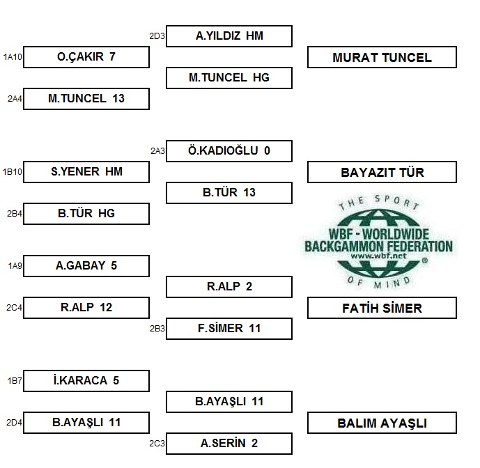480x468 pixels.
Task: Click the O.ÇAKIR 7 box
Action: pyautogui.click(x=86, y=57)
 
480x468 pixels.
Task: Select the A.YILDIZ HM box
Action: pyautogui.click(x=229, y=36)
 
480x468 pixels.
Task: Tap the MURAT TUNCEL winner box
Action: pyautogui.click(x=382, y=57)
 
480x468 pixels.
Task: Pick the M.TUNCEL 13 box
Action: pyautogui.click(x=86, y=99)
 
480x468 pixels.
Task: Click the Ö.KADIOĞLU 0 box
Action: pyautogui.click(x=229, y=151)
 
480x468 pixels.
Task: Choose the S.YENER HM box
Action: pyautogui.click(x=86, y=172)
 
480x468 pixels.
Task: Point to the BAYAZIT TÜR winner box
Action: pyautogui.click(x=382, y=172)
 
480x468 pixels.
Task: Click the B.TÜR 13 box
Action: pyautogui.click(x=229, y=193)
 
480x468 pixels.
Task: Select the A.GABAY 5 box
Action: pyautogui.click(x=86, y=266)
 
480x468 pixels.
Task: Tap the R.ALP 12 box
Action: pyautogui.click(x=86, y=308)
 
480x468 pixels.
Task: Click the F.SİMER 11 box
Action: pyautogui.click(x=229, y=329)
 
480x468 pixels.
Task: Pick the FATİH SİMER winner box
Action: pyautogui.click(x=382, y=308)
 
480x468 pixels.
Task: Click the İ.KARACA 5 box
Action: pyautogui.click(x=86, y=381)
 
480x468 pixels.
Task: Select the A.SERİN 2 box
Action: pyautogui.click(x=229, y=444)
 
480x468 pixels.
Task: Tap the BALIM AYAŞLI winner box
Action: pyautogui.click(x=382, y=423)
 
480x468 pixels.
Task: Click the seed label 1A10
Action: pyautogui.click(x=13, y=57)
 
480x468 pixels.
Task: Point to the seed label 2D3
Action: pyautogui.click(x=157, y=36)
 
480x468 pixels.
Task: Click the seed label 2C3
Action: pyautogui.click(x=157, y=444)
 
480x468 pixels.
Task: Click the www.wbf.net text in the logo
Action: pyautogui.click(x=378, y=256)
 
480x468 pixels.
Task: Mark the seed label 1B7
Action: pyautogui.click(x=15, y=381)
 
